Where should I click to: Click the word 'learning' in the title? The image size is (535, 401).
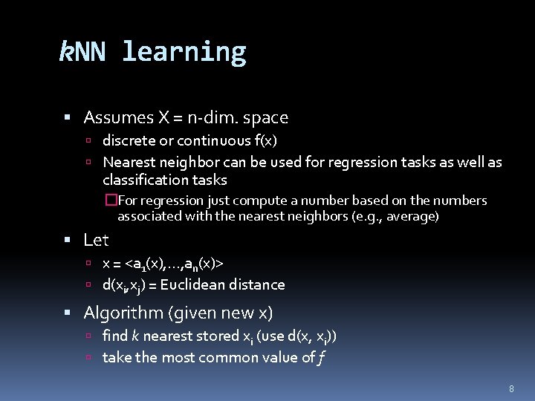pos(184,52)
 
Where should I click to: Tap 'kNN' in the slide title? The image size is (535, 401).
pos(82,52)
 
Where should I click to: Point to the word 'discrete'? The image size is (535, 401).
pos(129,140)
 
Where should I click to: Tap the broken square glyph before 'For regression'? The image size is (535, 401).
pos(111,200)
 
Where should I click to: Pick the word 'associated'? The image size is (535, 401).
pos(147,217)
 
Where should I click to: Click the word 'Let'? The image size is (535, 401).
pos(96,240)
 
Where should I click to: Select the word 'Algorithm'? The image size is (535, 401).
pos(120,313)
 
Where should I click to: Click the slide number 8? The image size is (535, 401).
pos(511,388)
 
